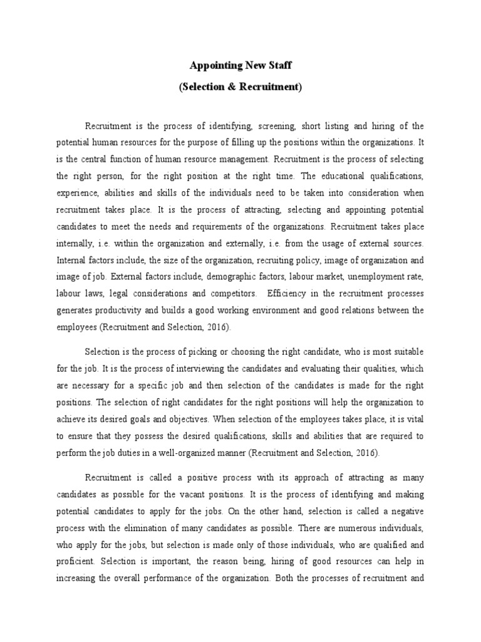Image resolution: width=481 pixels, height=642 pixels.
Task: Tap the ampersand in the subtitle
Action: [228, 87]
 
